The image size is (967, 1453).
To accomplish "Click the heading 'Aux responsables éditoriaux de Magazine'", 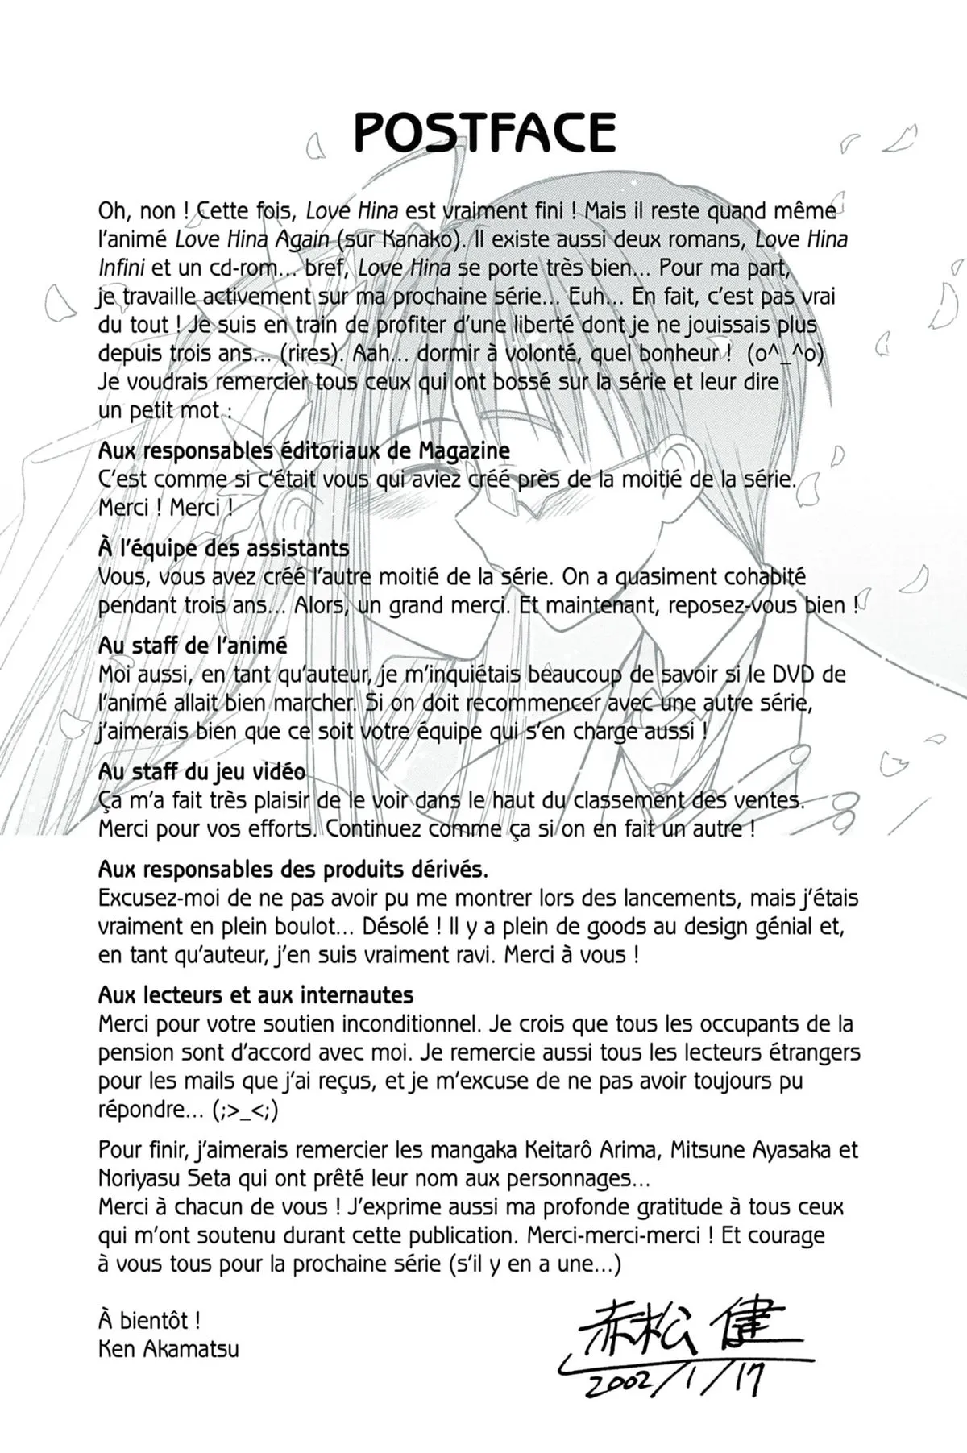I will pos(304,450).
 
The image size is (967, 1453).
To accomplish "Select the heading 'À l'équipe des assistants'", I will pos(223,548).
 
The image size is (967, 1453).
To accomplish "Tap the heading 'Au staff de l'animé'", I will pos(193,646).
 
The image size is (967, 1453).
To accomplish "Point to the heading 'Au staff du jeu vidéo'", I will pos(201,771).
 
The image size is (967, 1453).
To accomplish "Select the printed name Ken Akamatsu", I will pos(168,1348).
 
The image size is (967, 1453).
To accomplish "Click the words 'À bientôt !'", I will pos(149,1320).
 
